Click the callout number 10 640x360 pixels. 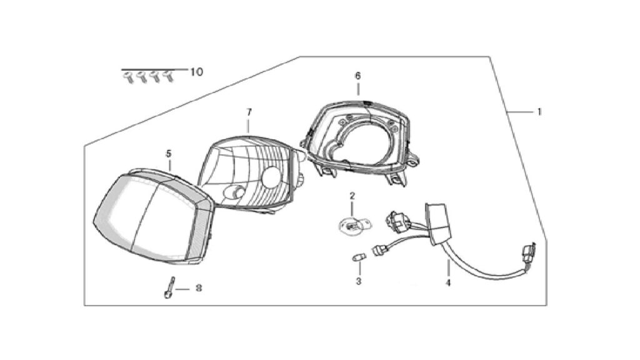point(196,72)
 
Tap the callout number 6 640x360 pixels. point(358,76)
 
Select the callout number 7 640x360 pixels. point(249,112)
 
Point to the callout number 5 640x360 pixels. point(169,154)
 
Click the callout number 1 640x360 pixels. point(539,111)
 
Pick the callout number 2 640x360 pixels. point(352,196)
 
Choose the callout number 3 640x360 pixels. point(358,281)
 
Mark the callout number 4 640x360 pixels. point(448,282)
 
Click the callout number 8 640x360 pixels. point(198,288)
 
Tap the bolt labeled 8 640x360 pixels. point(169,287)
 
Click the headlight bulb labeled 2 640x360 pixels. point(354,225)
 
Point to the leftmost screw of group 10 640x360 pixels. point(129,77)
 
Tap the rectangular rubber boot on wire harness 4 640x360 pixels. point(439,224)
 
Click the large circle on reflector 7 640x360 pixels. point(271,178)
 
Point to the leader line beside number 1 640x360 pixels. point(521,111)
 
